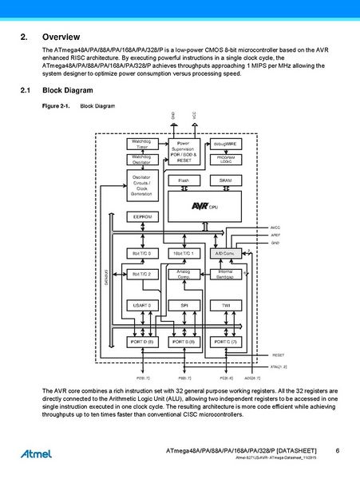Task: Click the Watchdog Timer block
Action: (142, 144)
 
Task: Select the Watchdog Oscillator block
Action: (142, 160)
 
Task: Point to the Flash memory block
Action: (184, 180)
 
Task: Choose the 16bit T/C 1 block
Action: (184, 253)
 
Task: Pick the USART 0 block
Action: (142, 306)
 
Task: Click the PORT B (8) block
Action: (184, 341)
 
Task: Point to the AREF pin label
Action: (275, 235)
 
